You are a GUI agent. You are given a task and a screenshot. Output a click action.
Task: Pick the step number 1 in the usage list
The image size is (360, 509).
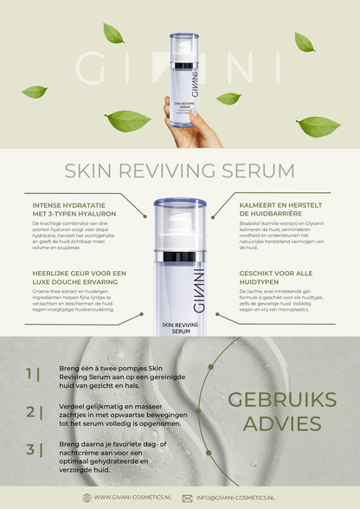click(32, 373)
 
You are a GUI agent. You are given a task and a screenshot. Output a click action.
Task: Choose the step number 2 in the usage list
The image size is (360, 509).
click(32, 411)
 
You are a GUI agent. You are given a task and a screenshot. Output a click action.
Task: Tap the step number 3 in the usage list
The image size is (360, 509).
click(32, 448)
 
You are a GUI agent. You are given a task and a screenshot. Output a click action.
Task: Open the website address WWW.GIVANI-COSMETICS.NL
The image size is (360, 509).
click(132, 498)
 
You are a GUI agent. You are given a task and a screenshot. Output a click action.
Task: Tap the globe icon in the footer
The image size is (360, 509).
click(87, 498)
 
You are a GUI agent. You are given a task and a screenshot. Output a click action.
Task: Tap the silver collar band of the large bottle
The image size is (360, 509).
click(179, 256)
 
